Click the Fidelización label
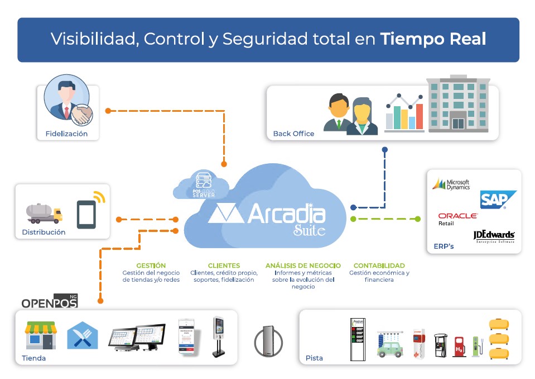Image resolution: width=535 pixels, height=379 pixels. click(66, 134)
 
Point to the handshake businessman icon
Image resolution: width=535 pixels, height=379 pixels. click(67, 101)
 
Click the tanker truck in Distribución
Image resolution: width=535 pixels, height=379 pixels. click(44, 212)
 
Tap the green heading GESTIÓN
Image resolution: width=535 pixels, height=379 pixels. click(151, 266)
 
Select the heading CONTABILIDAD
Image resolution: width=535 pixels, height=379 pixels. click(379, 266)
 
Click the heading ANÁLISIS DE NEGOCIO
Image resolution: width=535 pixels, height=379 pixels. click(303, 266)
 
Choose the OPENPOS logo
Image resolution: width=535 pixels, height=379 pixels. click(49, 302)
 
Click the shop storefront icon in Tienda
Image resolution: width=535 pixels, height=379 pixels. click(40, 335)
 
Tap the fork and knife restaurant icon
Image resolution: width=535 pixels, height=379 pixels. click(82, 336)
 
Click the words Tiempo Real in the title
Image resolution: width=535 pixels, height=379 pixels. click(433, 39)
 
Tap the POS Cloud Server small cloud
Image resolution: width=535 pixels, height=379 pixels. click(203, 185)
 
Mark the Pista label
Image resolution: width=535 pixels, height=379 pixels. click(314, 358)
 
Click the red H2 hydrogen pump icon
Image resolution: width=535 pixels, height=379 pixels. click(459, 347)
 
